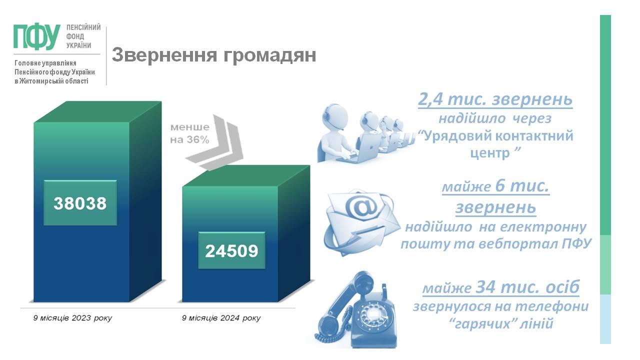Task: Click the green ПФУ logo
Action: point(36,36)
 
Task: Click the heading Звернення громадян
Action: point(213,55)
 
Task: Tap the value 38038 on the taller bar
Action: point(80,203)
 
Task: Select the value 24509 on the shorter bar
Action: point(231,251)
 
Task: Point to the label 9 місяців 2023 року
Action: point(72,318)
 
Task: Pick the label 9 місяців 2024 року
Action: point(221,318)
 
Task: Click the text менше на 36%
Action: point(189,133)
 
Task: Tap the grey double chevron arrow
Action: point(214,143)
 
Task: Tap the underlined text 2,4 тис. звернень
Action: point(495,99)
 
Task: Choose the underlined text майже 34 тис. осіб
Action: point(501,286)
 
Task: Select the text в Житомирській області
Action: point(51,81)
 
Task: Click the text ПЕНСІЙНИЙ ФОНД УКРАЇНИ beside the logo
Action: point(83,36)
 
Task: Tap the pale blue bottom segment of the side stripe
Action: point(605,319)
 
